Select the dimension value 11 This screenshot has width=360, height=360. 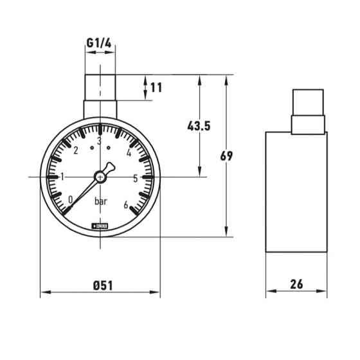click(156, 87)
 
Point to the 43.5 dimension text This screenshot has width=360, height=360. click(199, 126)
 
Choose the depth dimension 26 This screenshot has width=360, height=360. click(296, 284)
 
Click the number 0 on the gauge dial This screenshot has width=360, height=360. click(70, 200)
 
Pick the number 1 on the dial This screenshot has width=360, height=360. click(62, 177)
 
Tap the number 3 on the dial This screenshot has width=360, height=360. click(99, 141)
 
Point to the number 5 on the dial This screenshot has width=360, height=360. click(136, 178)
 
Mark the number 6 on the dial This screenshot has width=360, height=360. click(125, 205)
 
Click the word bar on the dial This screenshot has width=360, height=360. click(101, 202)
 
